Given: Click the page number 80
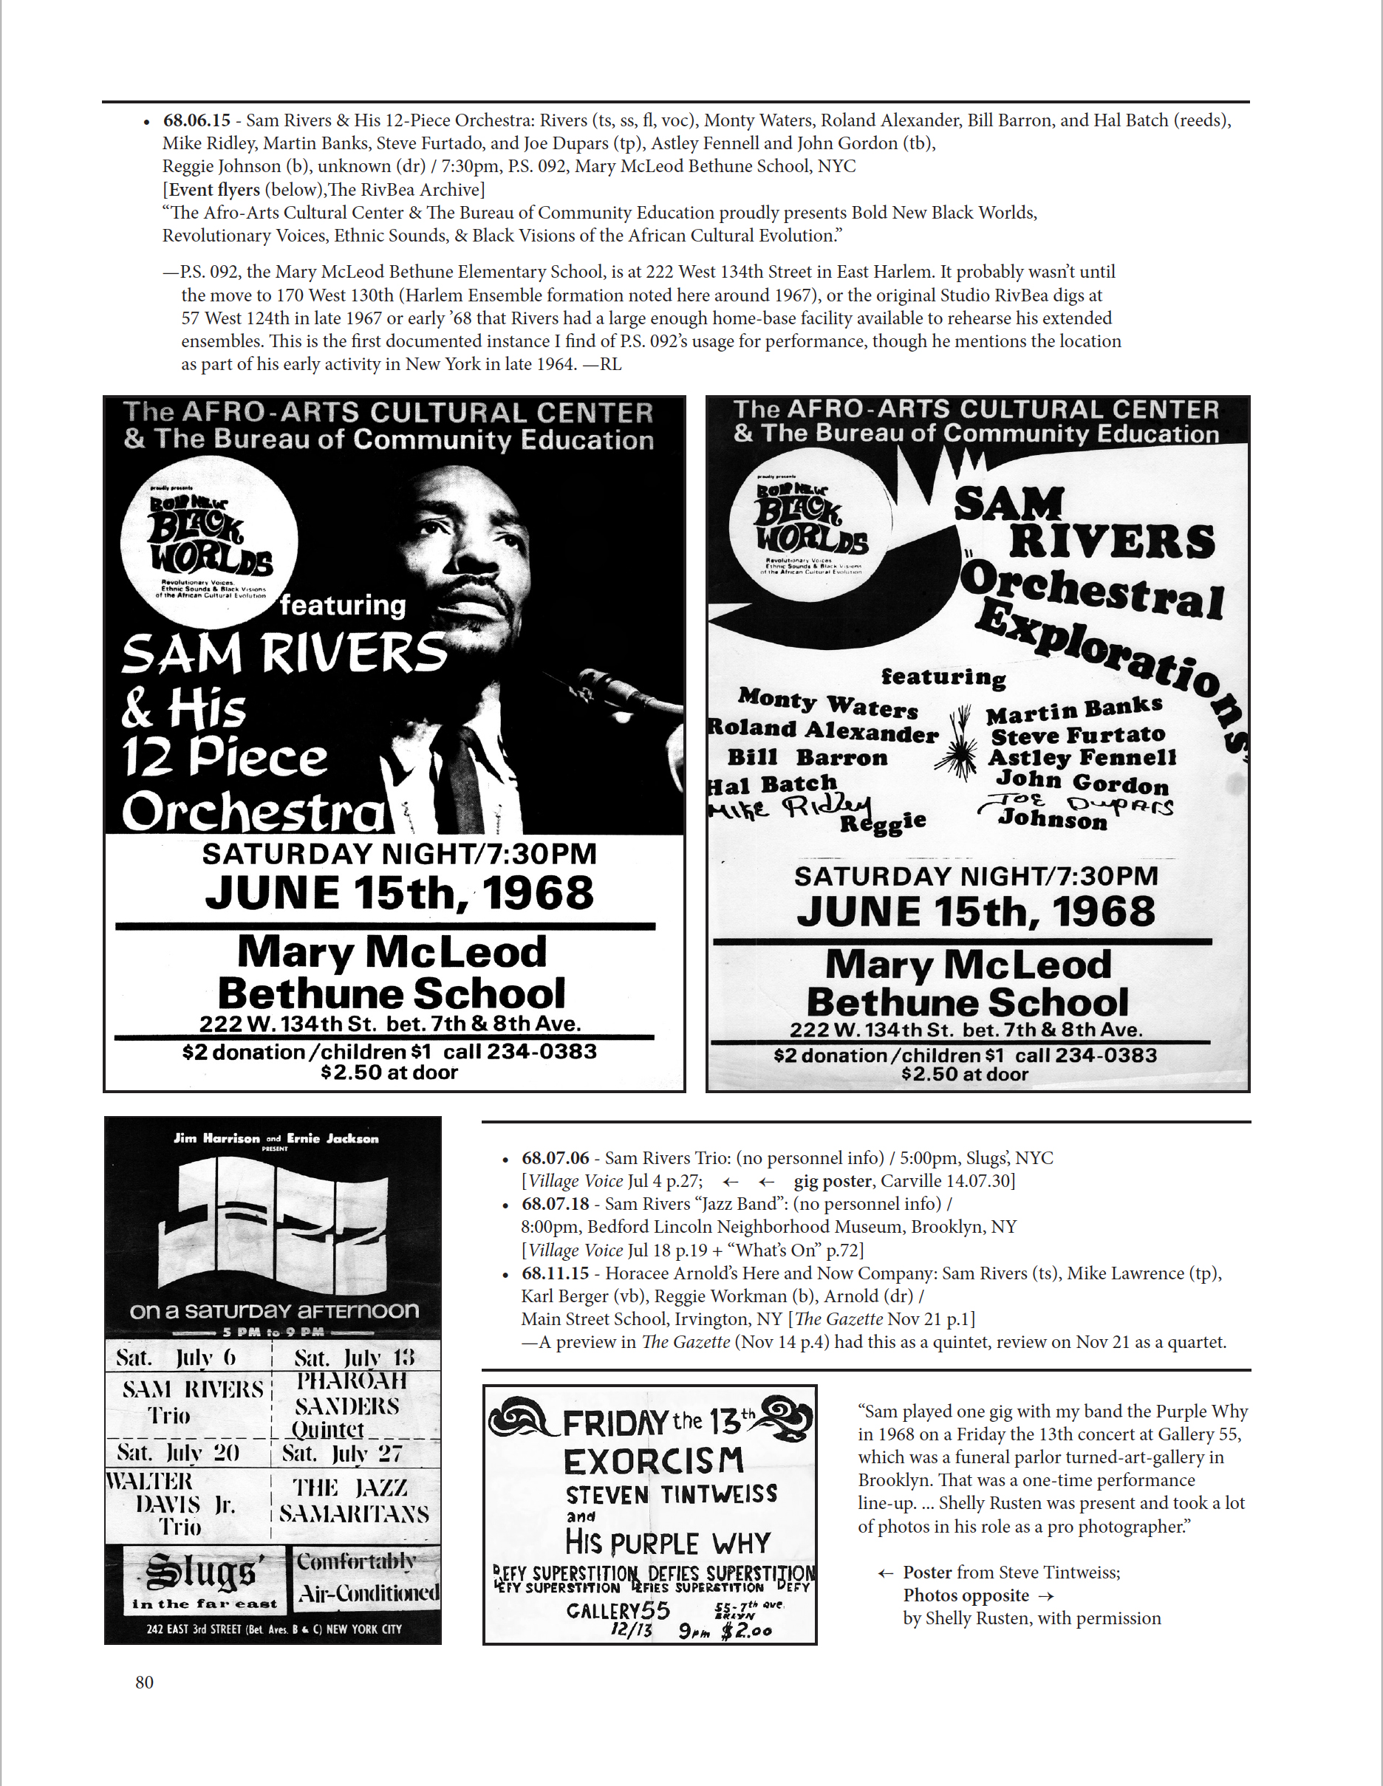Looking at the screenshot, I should coord(144,1681).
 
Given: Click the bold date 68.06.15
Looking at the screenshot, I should coord(197,120).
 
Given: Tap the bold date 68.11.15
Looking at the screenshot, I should coord(556,1273).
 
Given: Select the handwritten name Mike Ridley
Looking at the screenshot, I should coord(789,808).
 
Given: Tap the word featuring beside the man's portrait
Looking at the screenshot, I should coord(343,605).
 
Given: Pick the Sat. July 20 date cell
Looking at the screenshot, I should coord(177,1452).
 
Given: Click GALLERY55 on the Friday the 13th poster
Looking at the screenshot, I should coord(618,1610).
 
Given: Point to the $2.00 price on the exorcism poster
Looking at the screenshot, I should coord(746,1632).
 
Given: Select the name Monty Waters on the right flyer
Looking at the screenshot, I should coord(827,702).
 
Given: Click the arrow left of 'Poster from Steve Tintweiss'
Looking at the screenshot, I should coord(885,1573).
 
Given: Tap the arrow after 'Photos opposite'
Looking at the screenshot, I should coord(1045,1595).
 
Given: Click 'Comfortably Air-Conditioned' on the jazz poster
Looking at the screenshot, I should coord(366,1578).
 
